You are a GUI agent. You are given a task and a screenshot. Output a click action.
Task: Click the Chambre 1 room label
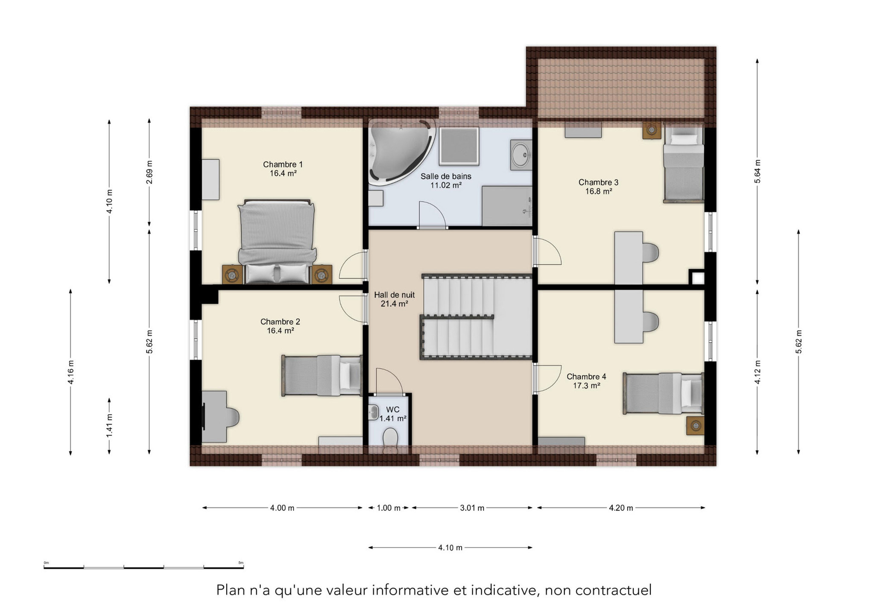click(283, 169)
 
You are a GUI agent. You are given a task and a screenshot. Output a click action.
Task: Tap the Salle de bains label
click(446, 181)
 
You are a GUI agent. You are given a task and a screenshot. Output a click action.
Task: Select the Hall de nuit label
click(394, 299)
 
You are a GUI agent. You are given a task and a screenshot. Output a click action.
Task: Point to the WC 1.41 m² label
click(393, 414)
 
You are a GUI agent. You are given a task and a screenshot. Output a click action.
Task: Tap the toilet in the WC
click(390, 441)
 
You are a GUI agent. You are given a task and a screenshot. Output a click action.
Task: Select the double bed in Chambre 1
click(277, 241)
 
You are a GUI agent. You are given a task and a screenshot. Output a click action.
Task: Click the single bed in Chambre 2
click(322, 375)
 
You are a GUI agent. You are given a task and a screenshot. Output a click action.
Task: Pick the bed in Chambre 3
click(683, 163)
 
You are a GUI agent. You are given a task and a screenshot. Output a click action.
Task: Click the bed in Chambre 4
click(663, 393)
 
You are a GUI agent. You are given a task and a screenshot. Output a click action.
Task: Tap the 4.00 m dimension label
click(282, 508)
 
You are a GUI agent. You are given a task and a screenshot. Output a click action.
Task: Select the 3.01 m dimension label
click(472, 508)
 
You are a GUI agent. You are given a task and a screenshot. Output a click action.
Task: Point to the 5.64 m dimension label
click(758, 172)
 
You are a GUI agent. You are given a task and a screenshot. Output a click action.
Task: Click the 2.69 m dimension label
click(149, 172)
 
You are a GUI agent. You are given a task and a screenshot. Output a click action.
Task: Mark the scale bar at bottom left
click(143, 567)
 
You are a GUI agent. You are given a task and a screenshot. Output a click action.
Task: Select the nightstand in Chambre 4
click(695, 425)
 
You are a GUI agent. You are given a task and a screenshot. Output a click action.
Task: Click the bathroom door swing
click(432, 214)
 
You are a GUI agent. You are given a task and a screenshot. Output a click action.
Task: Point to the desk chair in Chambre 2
click(231, 417)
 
